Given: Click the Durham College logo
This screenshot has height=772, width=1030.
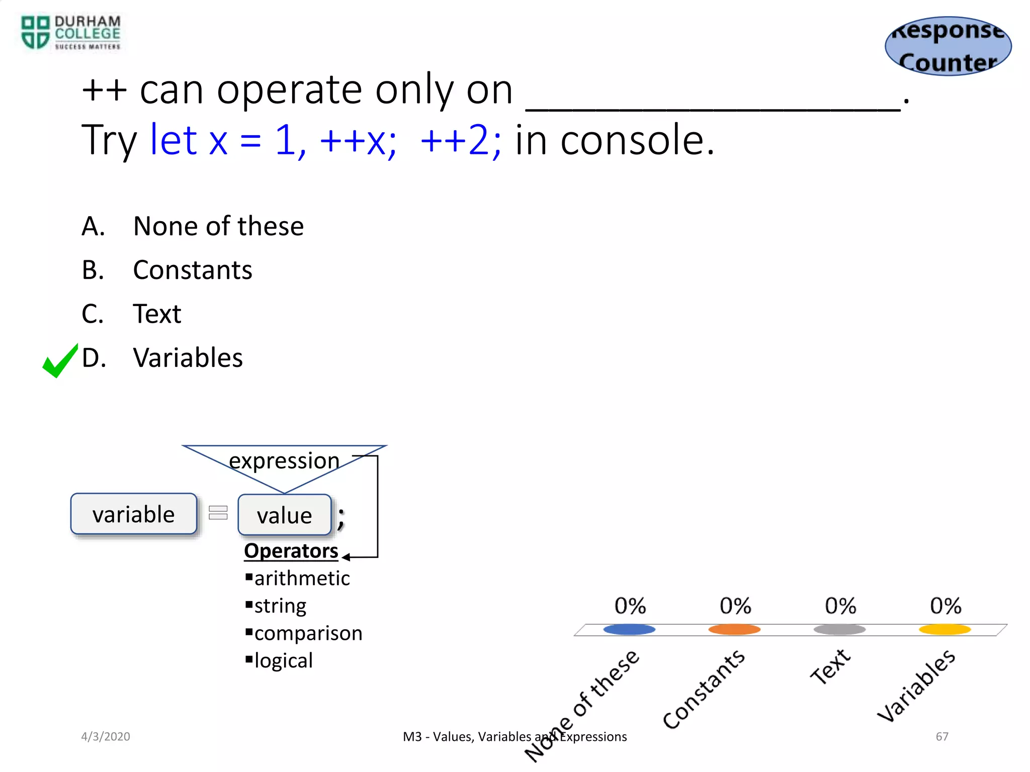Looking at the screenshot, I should [x=70, y=33].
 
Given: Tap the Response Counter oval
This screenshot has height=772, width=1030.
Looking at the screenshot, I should [x=948, y=46].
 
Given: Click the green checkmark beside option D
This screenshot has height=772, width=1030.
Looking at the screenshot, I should [x=60, y=361].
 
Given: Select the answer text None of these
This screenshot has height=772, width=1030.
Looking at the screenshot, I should [x=218, y=226].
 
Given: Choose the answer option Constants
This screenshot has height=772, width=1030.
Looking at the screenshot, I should [x=192, y=270].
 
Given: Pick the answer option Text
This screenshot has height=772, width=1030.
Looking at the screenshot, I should [x=156, y=314].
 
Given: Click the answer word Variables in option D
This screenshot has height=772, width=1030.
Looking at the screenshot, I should [x=188, y=358].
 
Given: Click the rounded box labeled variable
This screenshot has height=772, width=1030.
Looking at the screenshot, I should [x=134, y=514].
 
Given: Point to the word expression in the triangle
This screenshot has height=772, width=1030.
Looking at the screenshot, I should [x=284, y=460].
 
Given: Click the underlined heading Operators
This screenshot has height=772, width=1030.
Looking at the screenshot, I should [x=291, y=551].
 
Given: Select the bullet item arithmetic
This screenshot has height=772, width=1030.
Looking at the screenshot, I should [x=301, y=578].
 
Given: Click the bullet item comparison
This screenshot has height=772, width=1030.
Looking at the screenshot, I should [x=308, y=633].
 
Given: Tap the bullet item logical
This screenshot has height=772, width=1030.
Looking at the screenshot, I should [x=283, y=660].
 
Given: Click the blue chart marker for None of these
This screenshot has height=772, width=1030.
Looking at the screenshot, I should [x=629, y=629].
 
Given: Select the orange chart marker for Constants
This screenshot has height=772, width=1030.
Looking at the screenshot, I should [x=734, y=629].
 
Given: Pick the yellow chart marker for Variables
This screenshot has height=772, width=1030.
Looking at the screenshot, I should [x=945, y=629].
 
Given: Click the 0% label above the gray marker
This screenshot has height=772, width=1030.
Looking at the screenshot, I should [x=840, y=606].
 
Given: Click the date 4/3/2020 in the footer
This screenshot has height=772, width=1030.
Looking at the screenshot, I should [x=106, y=736].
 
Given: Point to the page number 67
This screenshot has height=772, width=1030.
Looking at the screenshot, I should [x=941, y=736].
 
